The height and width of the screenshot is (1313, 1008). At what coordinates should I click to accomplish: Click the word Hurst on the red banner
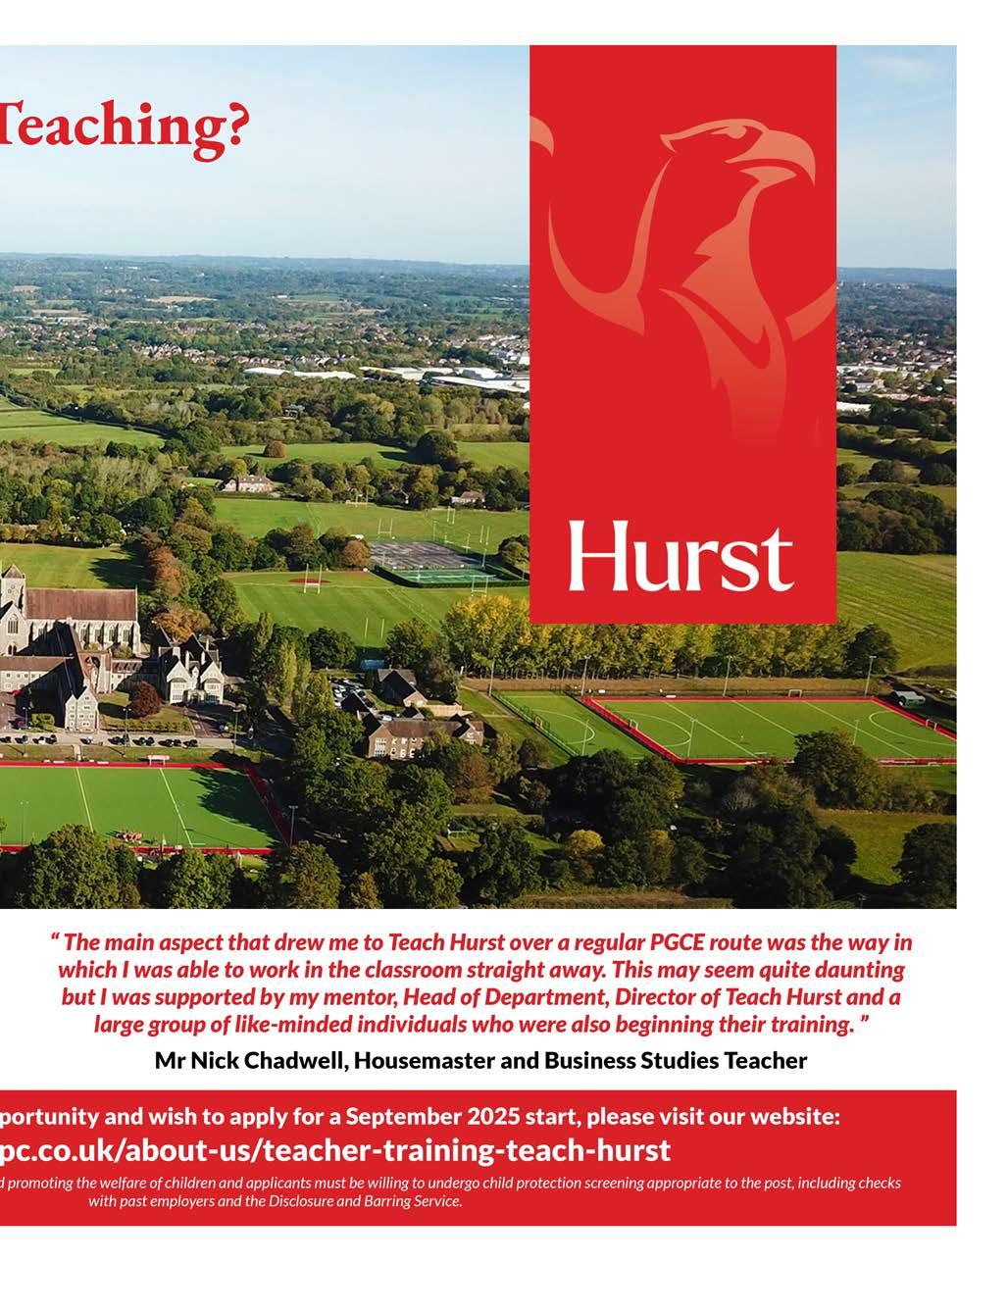click(x=681, y=556)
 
